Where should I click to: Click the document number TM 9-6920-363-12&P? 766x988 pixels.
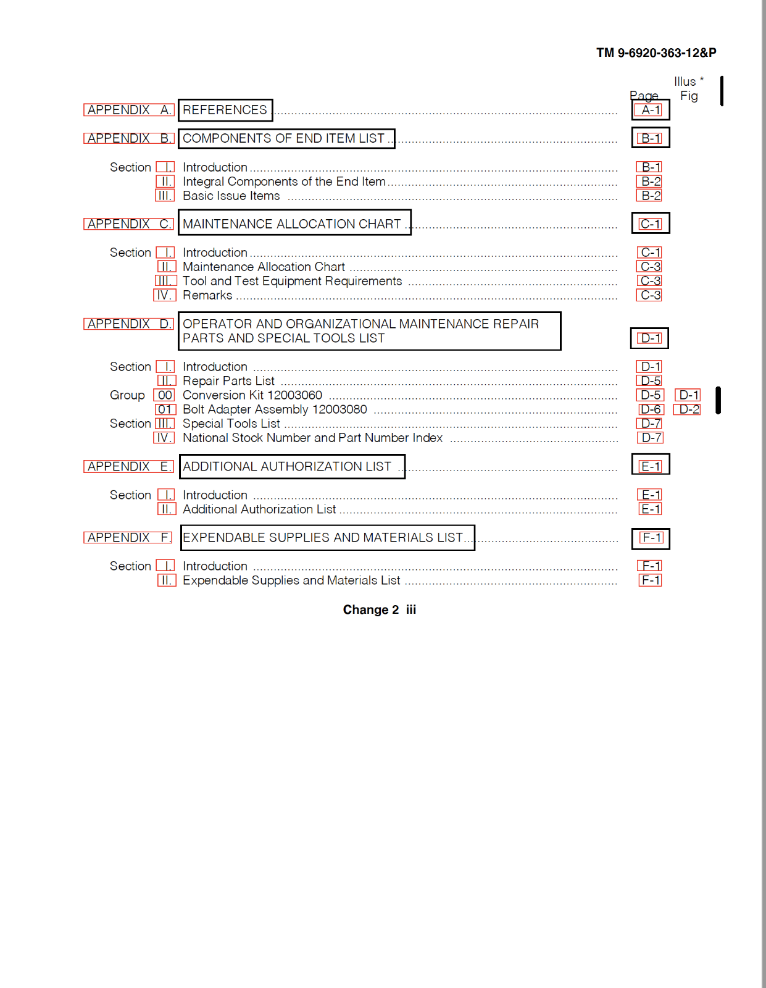pyautogui.click(x=656, y=53)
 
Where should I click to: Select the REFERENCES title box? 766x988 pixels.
pyautogui.click(x=225, y=110)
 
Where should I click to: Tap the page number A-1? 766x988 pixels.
pyautogui.click(x=651, y=110)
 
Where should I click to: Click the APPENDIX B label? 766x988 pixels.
pyautogui.click(x=129, y=138)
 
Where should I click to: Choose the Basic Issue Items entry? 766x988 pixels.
pyautogui.click(x=231, y=196)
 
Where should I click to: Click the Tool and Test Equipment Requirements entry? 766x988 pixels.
pyautogui.click(x=292, y=281)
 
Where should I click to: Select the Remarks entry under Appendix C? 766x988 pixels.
pyautogui.click(x=207, y=295)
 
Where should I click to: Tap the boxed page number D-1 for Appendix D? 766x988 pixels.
pyautogui.click(x=650, y=338)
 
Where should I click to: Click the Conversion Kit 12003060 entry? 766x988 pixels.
pyautogui.click(x=252, y=395)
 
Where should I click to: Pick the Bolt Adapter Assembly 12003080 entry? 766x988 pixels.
pyautogui.click(x=275, y=409)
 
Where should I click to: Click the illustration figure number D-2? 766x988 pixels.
pyautogui.click(x=688, y=409)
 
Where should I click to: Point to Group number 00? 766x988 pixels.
pyautogui.click(x=165, y=395)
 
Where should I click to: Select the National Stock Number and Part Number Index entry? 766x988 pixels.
pyautogui.click(x=312, y=438)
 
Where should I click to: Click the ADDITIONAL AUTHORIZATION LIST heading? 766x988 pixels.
pyautogui.click(x=288, y=466)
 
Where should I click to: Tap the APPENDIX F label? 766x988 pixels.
pyautogui.click(x=128, y=537)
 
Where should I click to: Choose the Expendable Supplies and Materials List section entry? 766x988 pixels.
pyautogui.click(x=291, y=580)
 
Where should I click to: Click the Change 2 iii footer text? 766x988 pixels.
pyautogui.click(x=379, y=609)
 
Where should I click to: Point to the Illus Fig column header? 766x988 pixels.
pyautogui.click(x=688, y=88)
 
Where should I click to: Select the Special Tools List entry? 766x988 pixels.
pyautogui.click(x=231, y=424)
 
